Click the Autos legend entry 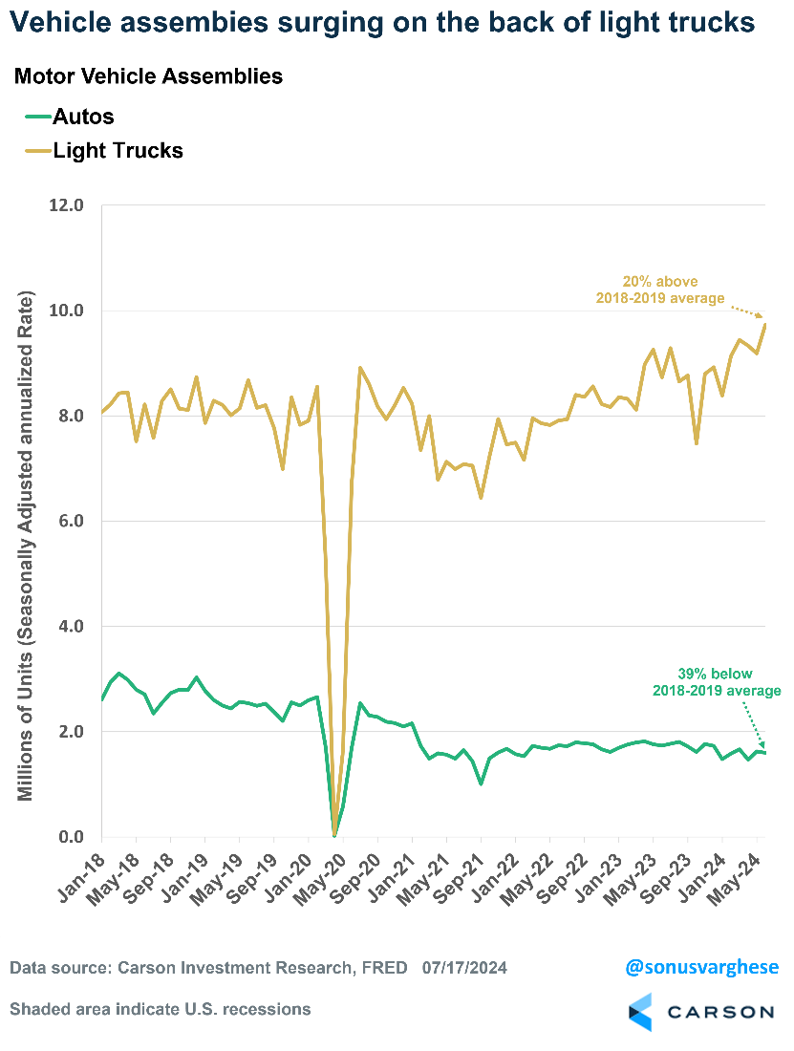pyautogui.click(x=82, y=118)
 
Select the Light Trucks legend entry pyautogui.click(x=117, y=150)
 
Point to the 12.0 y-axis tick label pyautogui.click(x=66, y=205)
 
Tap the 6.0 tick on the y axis pyautogui.click(x=71, y=522)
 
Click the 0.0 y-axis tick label pyautogui.click(x=71, y=837)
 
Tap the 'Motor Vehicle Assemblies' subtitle pyautogui.click(x=148, y=76)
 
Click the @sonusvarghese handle pyautogui.click(x=701, y=968)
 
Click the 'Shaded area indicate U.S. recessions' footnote pyautogui.click(x=160, y=1009)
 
